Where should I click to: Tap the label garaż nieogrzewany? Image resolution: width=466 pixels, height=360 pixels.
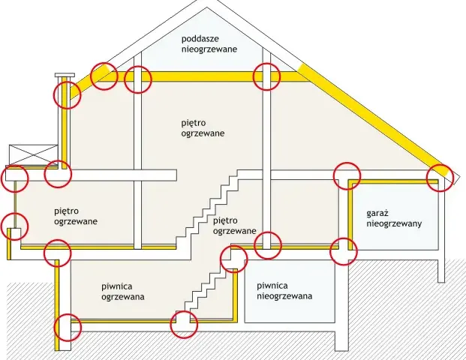point(394,218)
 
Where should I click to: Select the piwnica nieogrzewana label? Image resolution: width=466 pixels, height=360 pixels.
point(284,291)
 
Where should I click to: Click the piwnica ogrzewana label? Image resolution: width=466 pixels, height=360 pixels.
point(123,292)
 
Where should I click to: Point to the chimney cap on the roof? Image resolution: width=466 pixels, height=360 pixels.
point(65,75)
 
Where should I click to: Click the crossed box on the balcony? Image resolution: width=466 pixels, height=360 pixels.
point(34,154)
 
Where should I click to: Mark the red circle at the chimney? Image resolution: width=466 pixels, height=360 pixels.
point(67,95)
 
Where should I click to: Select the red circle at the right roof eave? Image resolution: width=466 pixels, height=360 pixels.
point(440,178)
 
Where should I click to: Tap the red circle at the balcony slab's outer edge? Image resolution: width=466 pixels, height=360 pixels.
point(15,178)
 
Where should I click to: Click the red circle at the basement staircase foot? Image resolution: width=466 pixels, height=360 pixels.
point(184,325)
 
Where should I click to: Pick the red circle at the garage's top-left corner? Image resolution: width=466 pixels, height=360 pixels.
point(347,175)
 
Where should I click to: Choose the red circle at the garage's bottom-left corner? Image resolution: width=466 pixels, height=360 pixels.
point(343,251)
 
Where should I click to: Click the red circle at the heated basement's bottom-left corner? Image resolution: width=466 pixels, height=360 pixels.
point(68,327)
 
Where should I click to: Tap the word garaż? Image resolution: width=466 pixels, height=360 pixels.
point(377,213)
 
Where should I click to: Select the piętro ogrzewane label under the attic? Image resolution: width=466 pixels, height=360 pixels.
point(203,128)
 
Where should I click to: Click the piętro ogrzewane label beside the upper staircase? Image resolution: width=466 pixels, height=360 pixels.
point(234,226)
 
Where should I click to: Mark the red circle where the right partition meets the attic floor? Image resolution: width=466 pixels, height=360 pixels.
point(266,76)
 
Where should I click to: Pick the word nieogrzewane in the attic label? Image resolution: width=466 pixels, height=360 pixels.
point(209,49)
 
